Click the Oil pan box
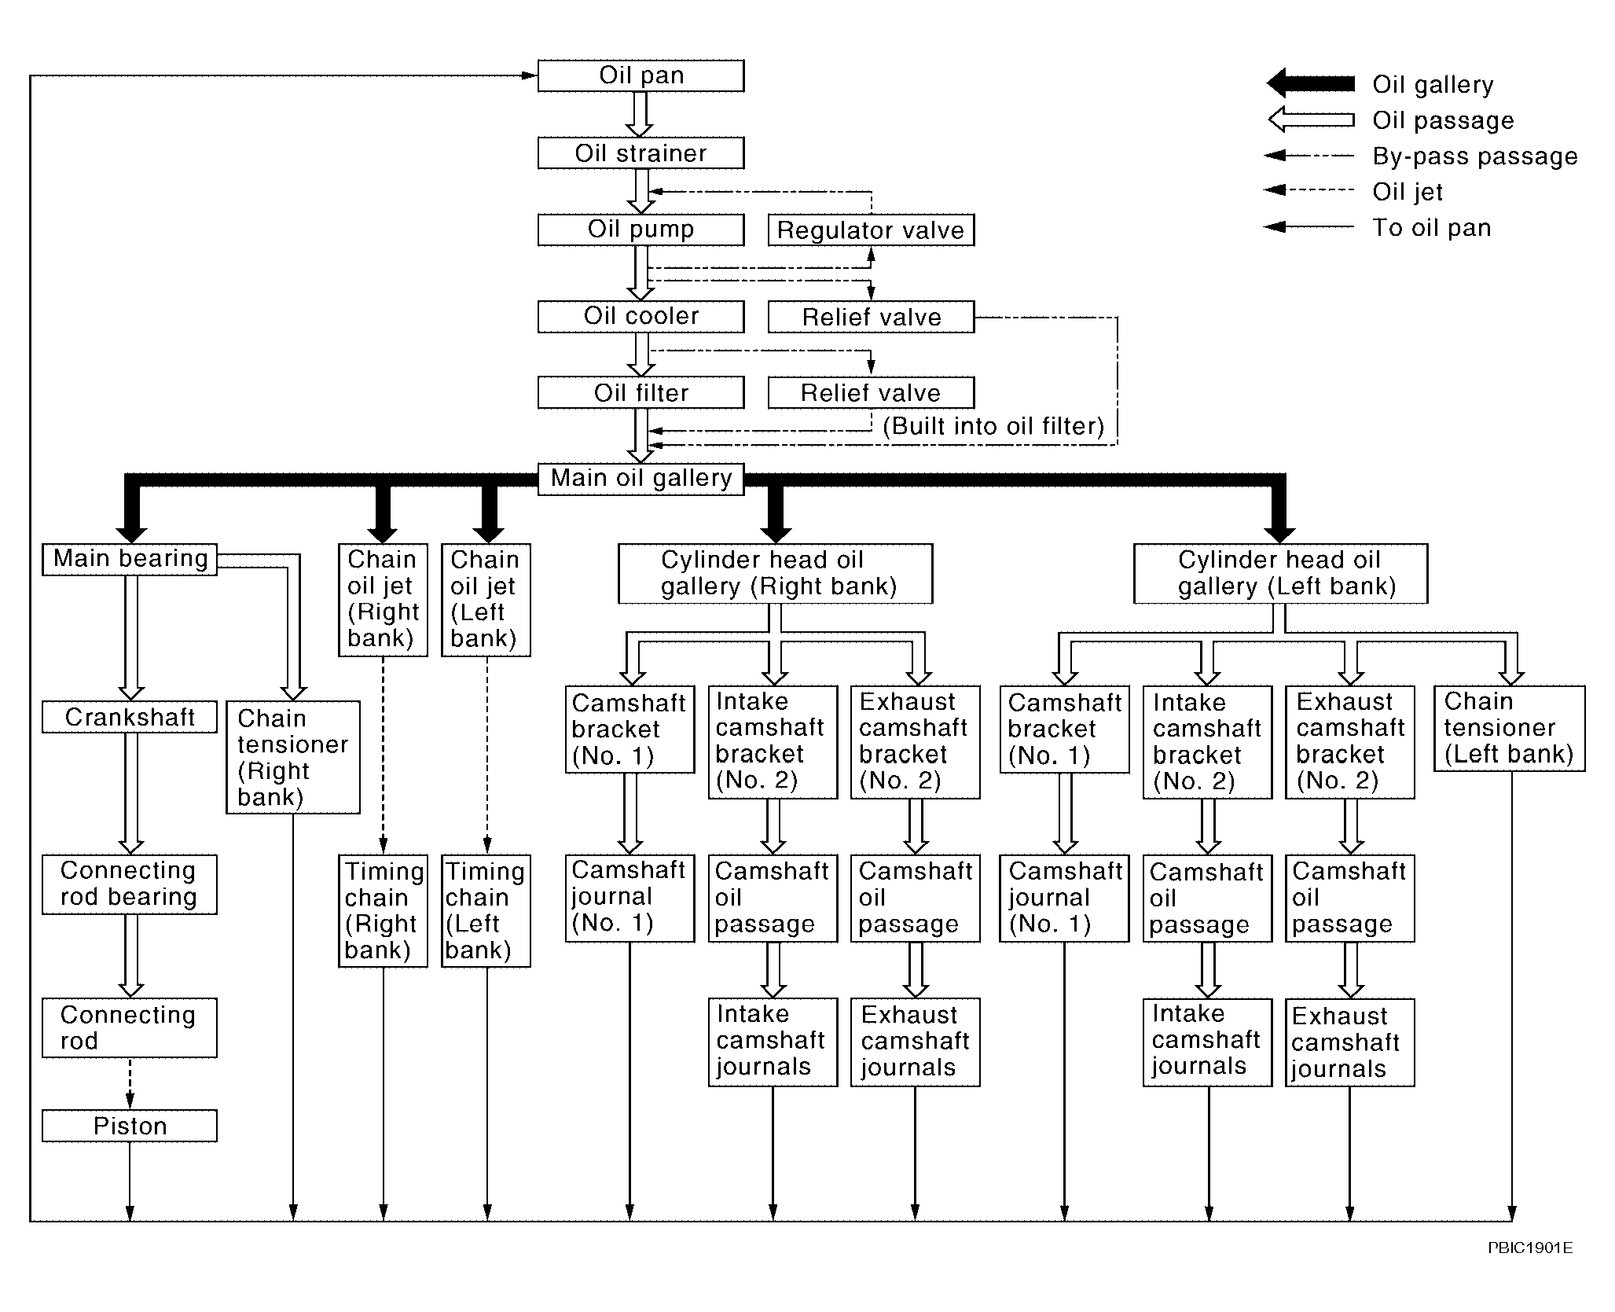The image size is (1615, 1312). pyautogui.click(x=640, y=76)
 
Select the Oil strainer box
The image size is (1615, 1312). pyautogui.click(x=640, y=153)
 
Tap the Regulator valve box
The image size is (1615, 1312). pyautogui.click(x=871, y=230)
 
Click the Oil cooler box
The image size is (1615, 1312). pyautogui.click(x=640, y=316)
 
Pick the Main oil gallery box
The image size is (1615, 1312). pyautogui.click(x=640, y=478)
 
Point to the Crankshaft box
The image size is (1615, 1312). pyautogui.click(x=130, y=717)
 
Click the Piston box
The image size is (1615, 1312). pyautogui.click(x=130, y=1126)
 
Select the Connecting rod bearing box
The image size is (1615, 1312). pyautogui.click(x=130, y=884)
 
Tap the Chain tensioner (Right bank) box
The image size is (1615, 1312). pyautogui.click(x=293, y=757)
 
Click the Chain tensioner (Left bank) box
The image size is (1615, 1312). pyautogui.click(x=1509, y=728)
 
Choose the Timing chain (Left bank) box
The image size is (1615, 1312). pyautogui.click(x=486, y=910)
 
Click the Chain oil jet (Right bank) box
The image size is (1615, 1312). pyautogui.click(x=383, y=599)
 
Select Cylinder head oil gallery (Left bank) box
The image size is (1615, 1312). pyautogui.click(x=1280, y=573)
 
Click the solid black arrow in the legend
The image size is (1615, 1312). pyautogui.click(x=1311, y=83)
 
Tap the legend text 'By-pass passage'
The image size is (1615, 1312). pyautogui.click(x=1475, y=156)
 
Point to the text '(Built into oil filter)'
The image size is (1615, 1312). pyautogui.click(x=993, y=426)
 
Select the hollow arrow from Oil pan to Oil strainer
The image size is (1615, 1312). pyautogui.click(x=640, y=115)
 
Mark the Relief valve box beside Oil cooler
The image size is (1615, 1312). pyautogui.click(x=871, y=317)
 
